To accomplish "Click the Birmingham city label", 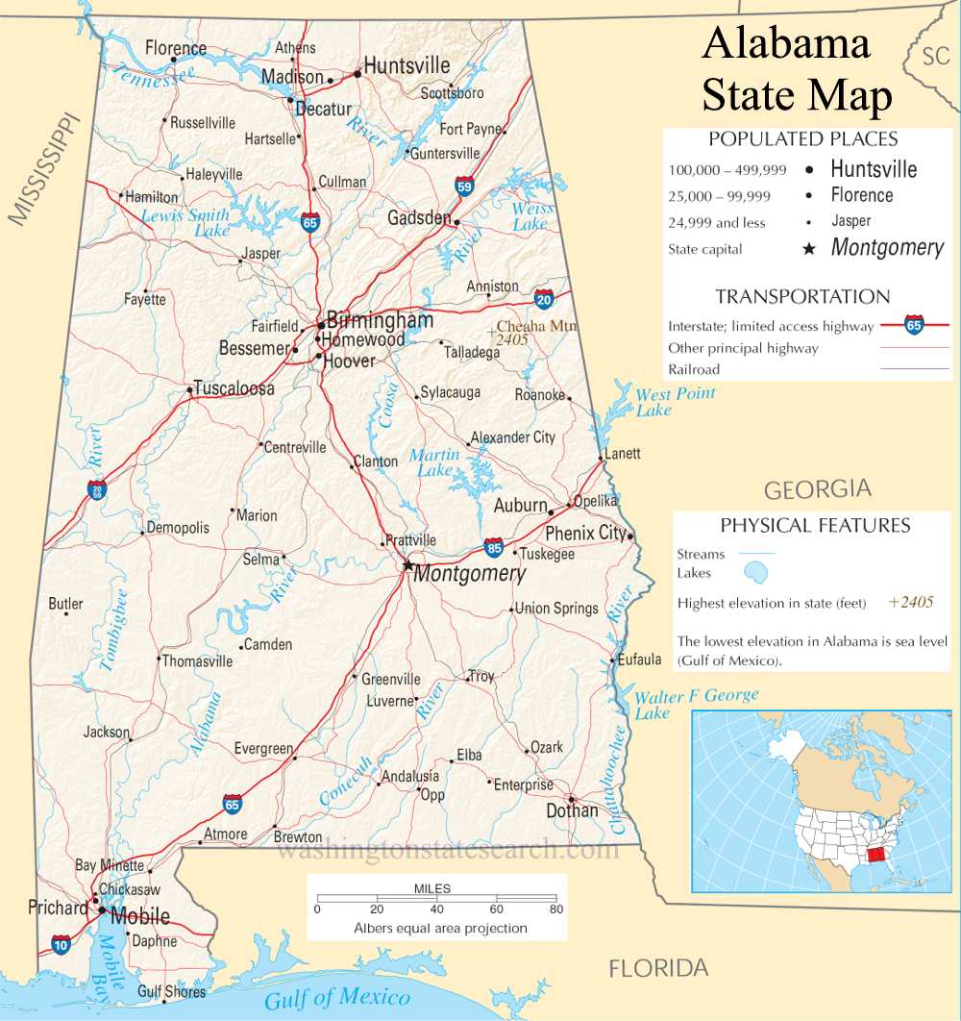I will (380, 319).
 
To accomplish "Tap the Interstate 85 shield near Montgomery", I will (493, 548).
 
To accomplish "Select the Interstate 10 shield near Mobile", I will (61, 944).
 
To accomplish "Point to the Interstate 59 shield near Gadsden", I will (464, 186).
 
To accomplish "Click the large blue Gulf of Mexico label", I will (337, 998).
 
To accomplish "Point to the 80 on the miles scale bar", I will (555, 909).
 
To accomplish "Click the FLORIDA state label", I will (658, 968).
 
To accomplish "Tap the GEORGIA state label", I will (817, 489).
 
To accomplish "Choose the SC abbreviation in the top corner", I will (935, 57).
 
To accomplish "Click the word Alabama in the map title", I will (786, 44).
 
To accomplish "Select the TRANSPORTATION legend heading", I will (802, 296).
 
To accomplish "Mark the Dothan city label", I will (572, 810).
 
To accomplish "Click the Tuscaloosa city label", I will (234, 388).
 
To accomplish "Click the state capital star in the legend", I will (809, 249).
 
